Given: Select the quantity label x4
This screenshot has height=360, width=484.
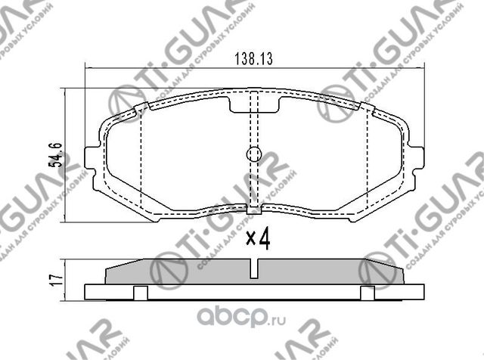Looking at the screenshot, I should tap(259, 241).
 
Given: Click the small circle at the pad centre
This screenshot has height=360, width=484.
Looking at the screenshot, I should tap(253, 154).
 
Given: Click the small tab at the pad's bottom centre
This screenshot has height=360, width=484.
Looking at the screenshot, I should tap(255, 208).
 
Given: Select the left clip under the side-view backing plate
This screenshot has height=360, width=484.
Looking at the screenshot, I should tap(139, 293).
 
